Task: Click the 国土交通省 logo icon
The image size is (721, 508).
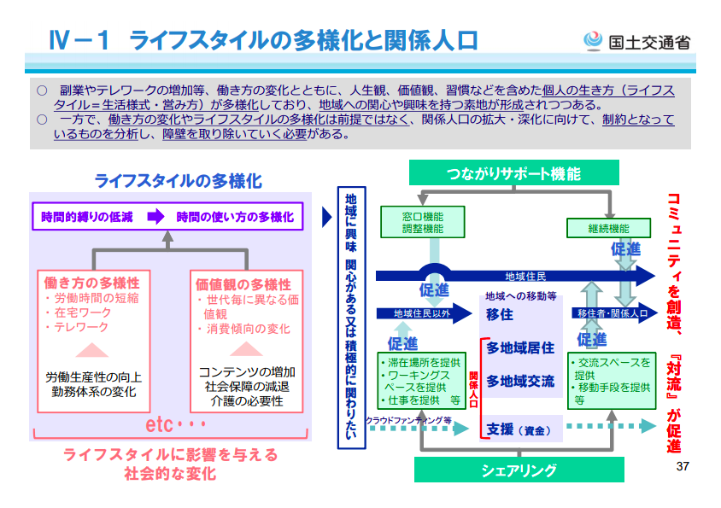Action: [592, 40]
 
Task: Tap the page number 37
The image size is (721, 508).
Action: [682, 467]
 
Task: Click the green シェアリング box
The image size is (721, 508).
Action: [519, 470]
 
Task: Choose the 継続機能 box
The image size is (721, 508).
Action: [607, 228]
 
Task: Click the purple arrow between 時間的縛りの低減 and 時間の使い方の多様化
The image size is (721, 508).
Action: [155, 217]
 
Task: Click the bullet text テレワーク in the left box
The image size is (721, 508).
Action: [82, 327]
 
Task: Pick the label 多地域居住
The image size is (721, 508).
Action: [520, 347]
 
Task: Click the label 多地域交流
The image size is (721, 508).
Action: [520, 381]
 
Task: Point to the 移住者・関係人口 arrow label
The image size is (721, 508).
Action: [613, 314]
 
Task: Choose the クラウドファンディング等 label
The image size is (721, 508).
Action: [408, 420]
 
